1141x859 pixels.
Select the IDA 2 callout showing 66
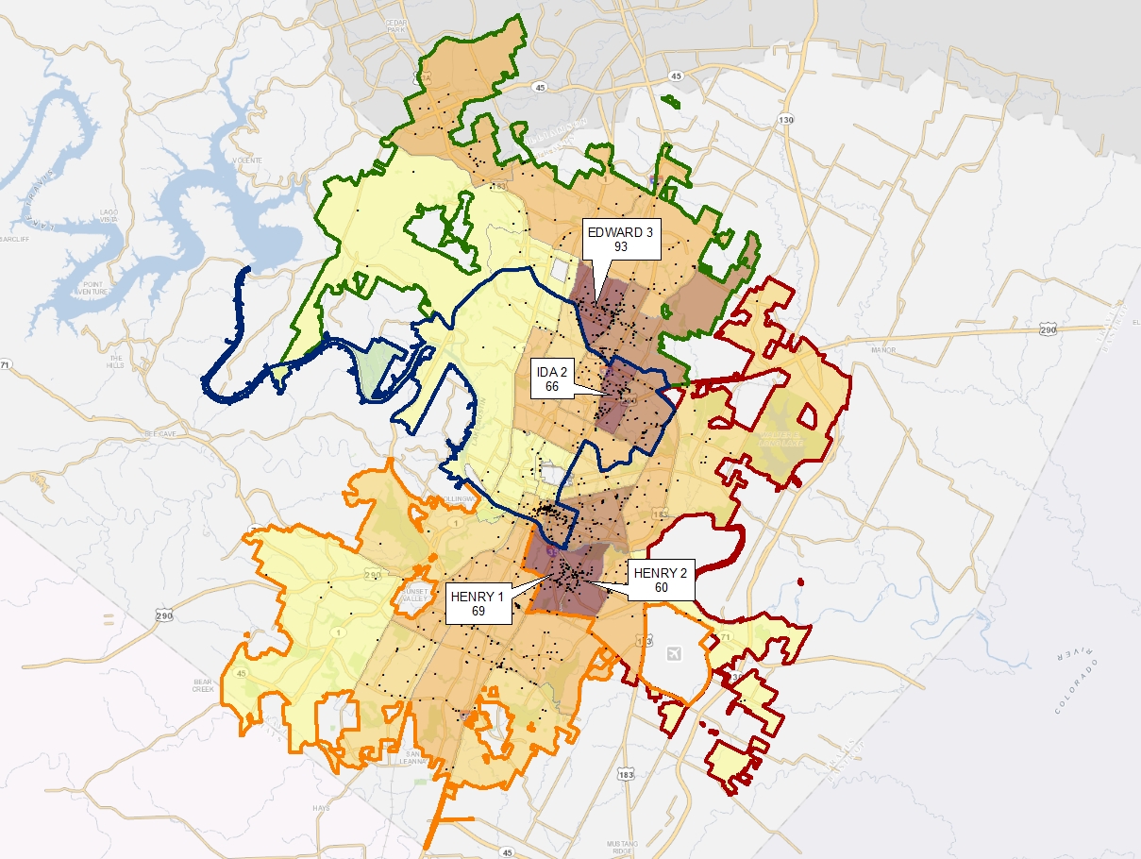click(552, 380)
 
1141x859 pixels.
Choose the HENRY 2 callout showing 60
click(661, 581)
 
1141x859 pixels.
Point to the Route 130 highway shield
click(786, 119)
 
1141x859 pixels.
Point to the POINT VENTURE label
click(98, 288)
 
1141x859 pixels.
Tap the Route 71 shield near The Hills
click(6, 363)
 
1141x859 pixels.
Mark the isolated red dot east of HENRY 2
click(800, 581)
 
